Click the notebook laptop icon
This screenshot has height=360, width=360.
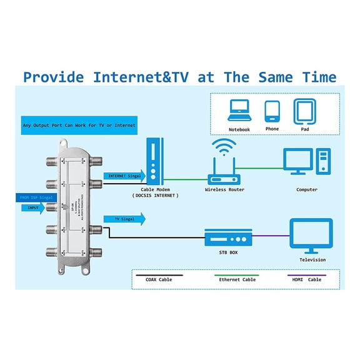coord(239,111)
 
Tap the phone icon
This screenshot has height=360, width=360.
coord(271,111)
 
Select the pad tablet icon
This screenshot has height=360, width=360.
coord(304,111)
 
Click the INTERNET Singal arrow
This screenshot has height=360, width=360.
coord(125,177)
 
